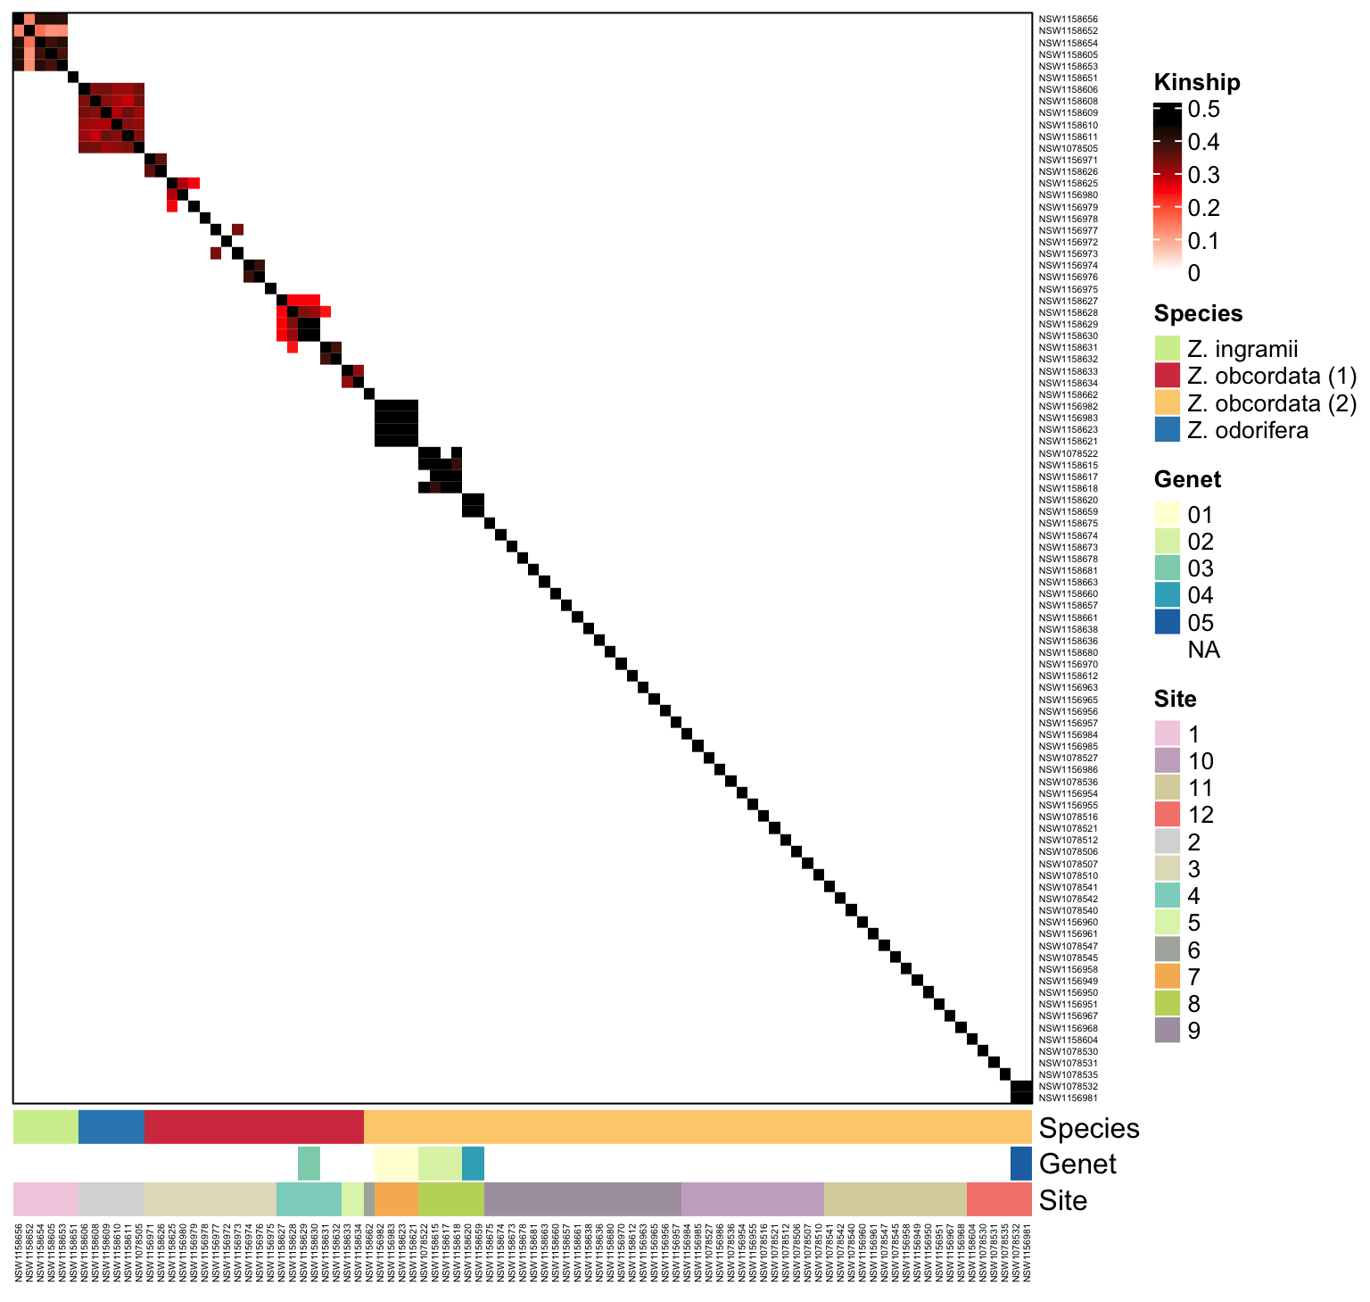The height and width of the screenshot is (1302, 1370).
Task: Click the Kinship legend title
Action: pos(1197,83)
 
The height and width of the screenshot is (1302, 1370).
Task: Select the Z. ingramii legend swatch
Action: pos(1167,349)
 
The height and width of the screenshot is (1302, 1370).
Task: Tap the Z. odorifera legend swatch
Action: pos(1167,430)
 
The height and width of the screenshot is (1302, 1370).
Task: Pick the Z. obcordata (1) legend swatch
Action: pos(1167,376)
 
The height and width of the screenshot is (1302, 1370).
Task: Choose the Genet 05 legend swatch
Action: pos(1167,622)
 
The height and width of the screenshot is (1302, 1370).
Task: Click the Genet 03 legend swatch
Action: pos(1167,568)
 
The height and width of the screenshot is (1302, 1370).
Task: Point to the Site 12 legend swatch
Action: pos(1167,815)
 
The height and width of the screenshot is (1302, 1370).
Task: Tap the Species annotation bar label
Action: pos(1089,1129)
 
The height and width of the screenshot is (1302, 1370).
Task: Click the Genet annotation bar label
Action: pos(1077,1165)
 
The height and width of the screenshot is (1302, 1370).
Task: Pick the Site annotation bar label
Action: pos(1063,1200)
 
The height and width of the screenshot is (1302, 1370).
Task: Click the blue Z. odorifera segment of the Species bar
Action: pos(111,1127)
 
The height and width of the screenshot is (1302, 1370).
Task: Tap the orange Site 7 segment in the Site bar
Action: pos(396,1199)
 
